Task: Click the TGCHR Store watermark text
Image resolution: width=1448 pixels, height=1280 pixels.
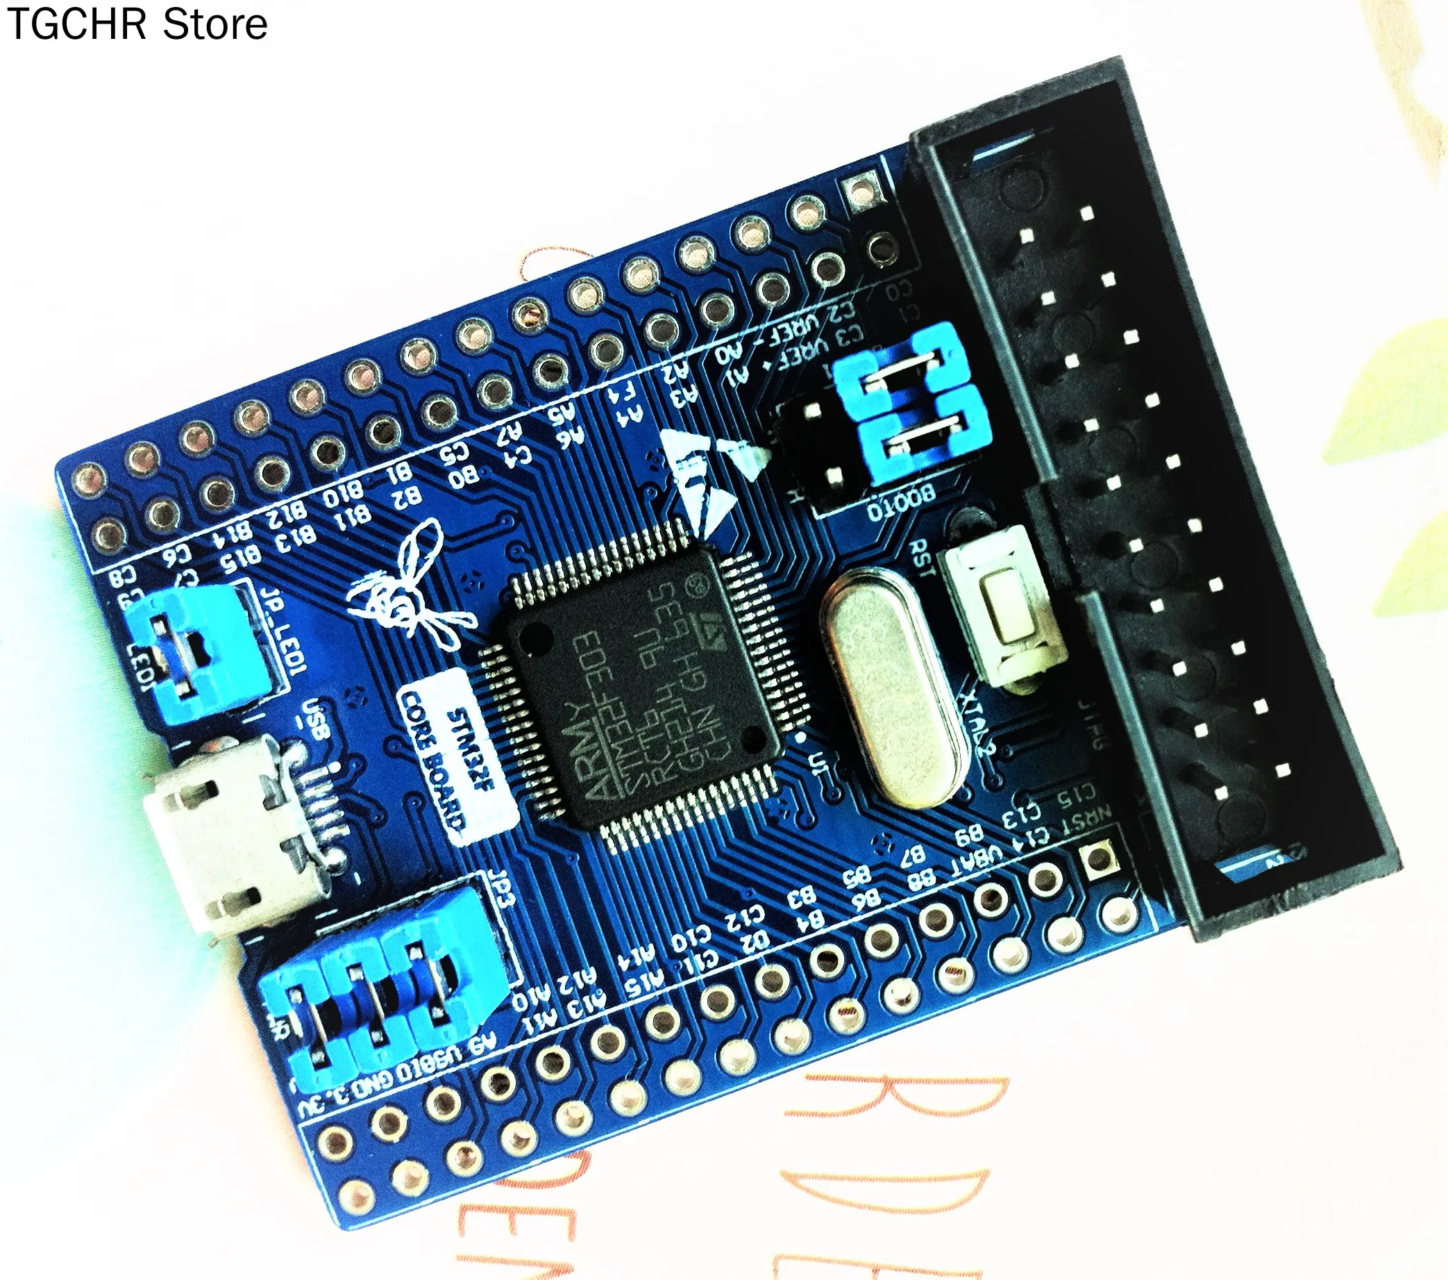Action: pyautogui.click(x=137, y=25)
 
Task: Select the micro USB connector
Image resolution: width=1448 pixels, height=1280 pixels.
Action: pyautogui.click(x=227, y=833)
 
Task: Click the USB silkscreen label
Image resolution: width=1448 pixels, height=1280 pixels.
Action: pyautogui.click(x=315, y=720)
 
